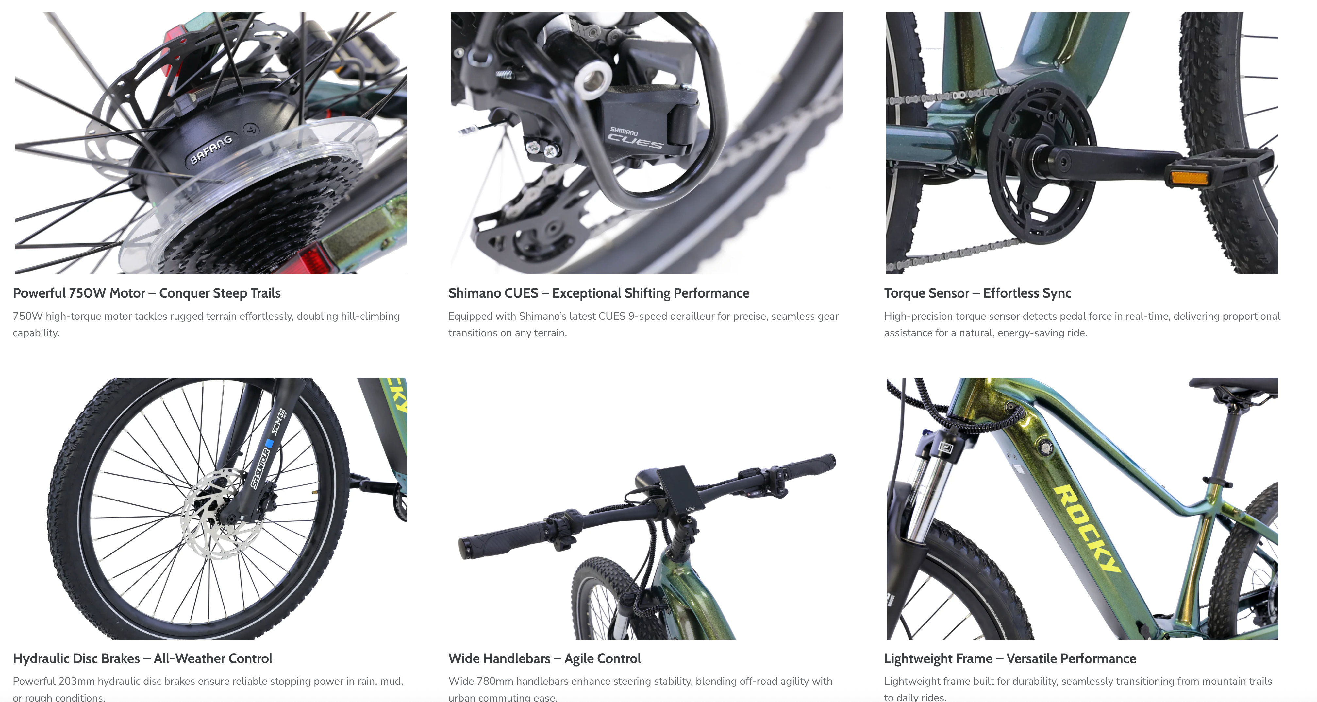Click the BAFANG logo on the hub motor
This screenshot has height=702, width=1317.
[211, 149]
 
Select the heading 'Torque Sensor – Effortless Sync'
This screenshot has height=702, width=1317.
[977, 293]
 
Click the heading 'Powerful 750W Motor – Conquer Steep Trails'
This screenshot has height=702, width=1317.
[147, 293]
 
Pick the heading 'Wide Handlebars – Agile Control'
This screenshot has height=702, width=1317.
[544, 658]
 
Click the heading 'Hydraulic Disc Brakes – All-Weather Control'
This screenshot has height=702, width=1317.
[142, 658]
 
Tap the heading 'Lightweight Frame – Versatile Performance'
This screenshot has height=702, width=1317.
[1010, 658]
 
